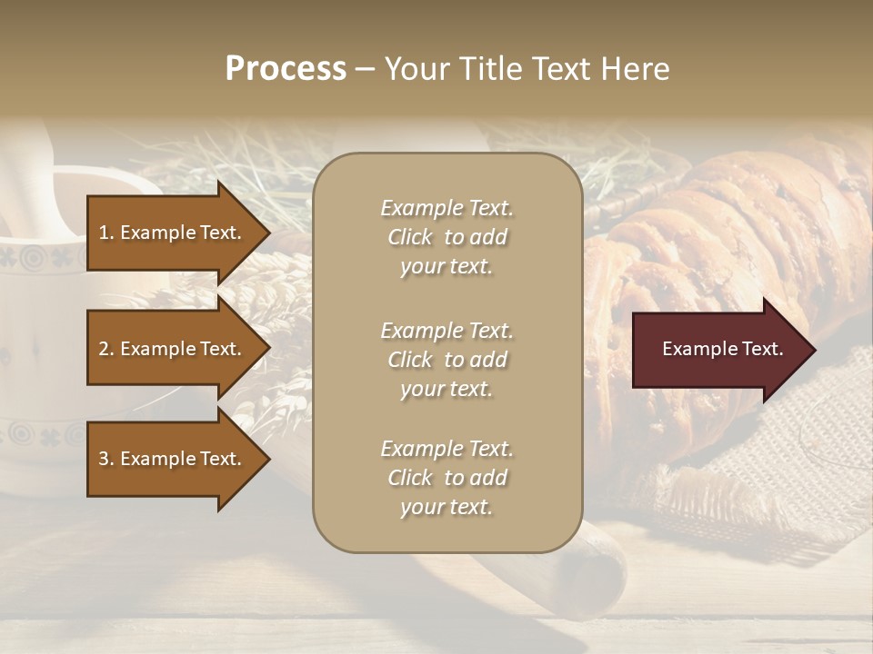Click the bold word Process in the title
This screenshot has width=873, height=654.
tap(286, 69)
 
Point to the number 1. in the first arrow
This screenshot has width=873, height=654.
tap(106, 233)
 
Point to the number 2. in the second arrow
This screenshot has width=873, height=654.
tap(106, 349)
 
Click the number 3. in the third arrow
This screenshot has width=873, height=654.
tap(106, 459)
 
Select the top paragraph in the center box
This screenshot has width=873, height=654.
tap(447, 237)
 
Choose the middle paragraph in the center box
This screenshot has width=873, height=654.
tap(447, 360)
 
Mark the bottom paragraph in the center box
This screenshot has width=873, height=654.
tap(447, 478)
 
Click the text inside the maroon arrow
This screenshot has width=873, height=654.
tap(723, 350)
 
